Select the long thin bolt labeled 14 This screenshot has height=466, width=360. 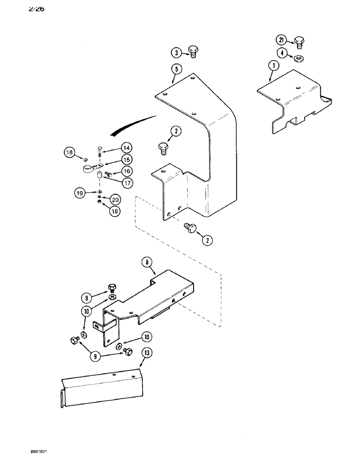(99, 152)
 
